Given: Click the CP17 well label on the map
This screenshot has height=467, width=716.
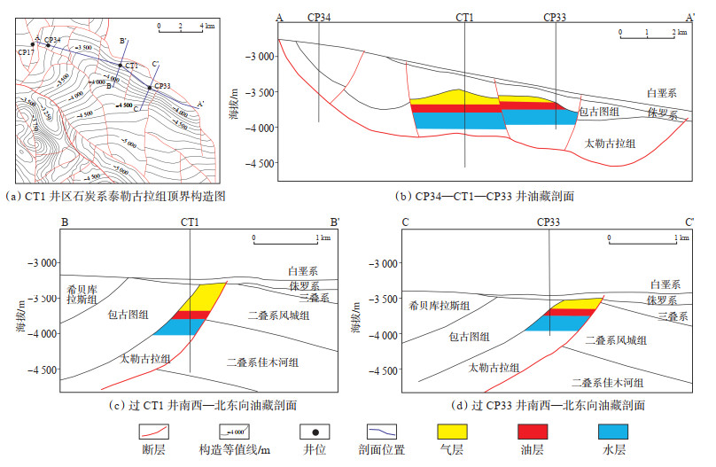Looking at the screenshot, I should pos(25,52).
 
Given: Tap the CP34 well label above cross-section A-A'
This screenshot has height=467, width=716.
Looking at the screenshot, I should pos(319,17).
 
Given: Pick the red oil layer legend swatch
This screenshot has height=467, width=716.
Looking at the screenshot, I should pos(532,432).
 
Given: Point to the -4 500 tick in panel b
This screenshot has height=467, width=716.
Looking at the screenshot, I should pos(258,163).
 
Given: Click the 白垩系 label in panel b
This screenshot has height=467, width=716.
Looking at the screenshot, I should pos(662,92).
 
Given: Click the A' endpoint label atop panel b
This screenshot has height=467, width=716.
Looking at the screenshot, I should pos(689,17).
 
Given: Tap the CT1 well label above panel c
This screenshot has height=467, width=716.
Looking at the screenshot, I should pos(191,221).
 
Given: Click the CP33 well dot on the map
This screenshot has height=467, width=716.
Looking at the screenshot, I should pos(149,87).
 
